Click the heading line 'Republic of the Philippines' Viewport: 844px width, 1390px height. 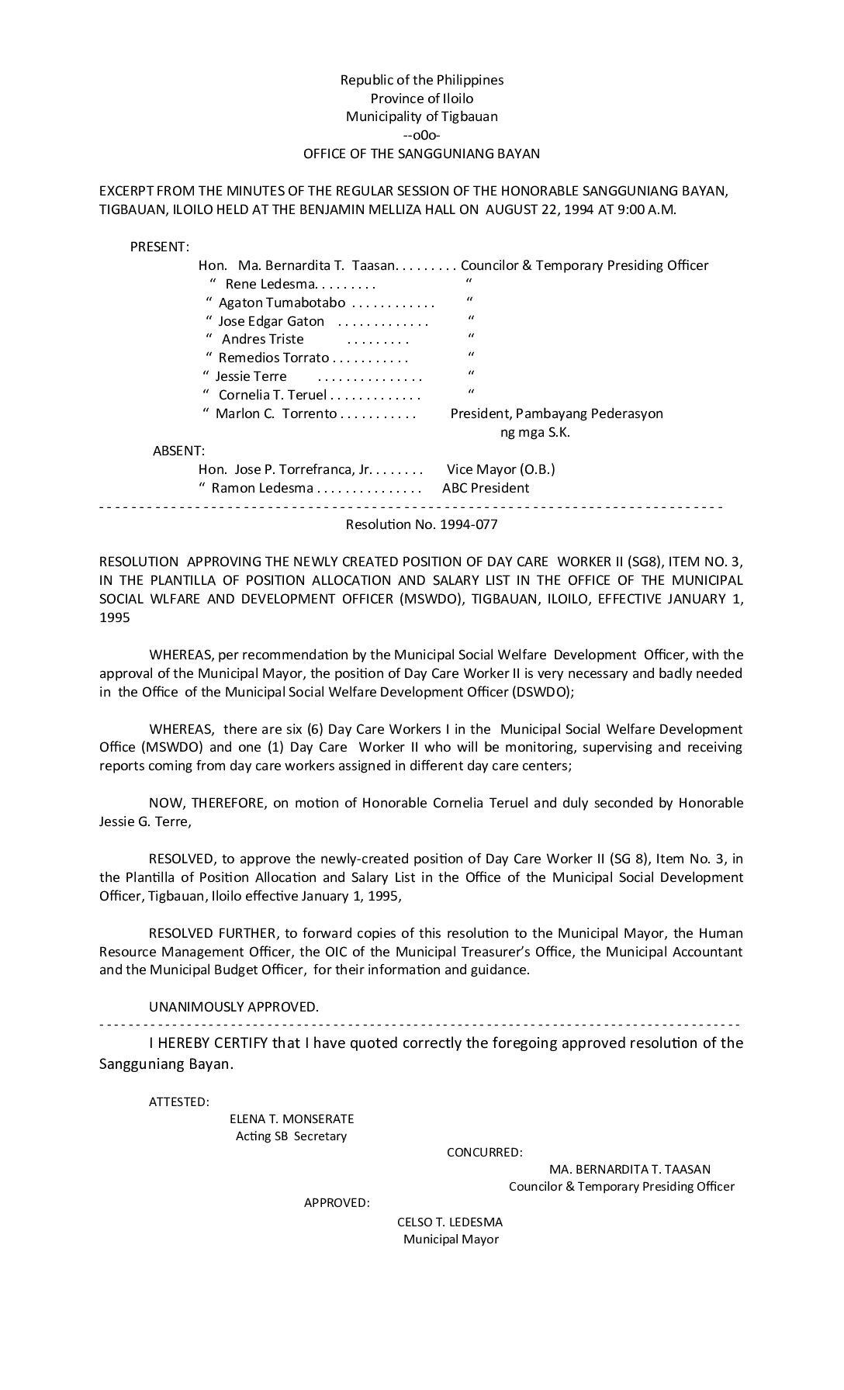tap(422, 80)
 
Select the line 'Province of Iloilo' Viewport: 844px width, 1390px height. tap(422, 99)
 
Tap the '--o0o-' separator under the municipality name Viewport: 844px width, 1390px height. tap(422, 135)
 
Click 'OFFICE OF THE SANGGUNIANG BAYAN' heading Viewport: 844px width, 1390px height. tap(422, 154)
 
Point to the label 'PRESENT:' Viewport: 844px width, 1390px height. tap(159, 247)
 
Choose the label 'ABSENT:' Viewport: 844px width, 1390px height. tap(178, 451)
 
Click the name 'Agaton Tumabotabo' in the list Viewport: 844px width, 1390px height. tap(282, 303)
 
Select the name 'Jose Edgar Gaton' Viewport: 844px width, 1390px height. tap(272, 321)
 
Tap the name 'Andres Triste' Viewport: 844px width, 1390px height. tap(263, 339)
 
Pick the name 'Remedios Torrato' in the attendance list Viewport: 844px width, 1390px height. tap(274, 358)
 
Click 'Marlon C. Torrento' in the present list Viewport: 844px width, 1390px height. tap(276, 413)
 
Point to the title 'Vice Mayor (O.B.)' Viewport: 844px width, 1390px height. tap(501, 469)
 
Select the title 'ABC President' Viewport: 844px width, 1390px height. tap(486, 488)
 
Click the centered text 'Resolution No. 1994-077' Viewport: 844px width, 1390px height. tap(422, 524)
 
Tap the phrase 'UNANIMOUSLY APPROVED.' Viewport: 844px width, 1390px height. tap(233, 1007)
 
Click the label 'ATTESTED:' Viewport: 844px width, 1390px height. tap(178, 1101)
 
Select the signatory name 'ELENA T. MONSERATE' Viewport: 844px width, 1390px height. tap(292, 1119)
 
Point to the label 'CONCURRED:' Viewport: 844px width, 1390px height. tap(484, 1153)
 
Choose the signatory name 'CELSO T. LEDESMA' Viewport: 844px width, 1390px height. tap(450, 1222)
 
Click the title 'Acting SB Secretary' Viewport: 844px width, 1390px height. tap(292, 1136)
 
